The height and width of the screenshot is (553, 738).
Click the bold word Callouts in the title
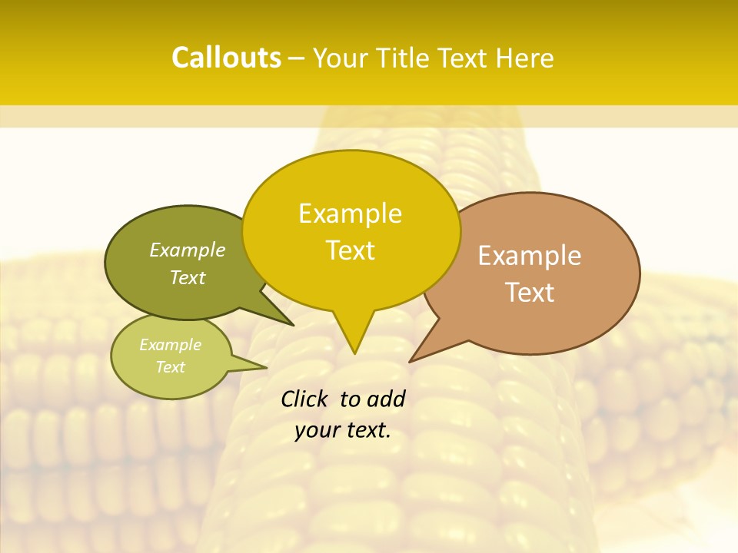226,58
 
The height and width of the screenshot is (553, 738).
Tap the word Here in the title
525,58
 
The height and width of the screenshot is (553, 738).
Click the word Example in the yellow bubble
350,214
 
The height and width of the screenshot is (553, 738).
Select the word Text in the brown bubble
530,292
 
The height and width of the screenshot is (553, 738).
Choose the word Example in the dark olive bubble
188,250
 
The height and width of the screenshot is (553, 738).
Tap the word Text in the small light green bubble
171,367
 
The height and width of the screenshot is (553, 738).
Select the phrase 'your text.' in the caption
343,430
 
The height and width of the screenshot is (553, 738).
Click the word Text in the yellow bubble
351,250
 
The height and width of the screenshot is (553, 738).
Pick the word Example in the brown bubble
530,256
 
